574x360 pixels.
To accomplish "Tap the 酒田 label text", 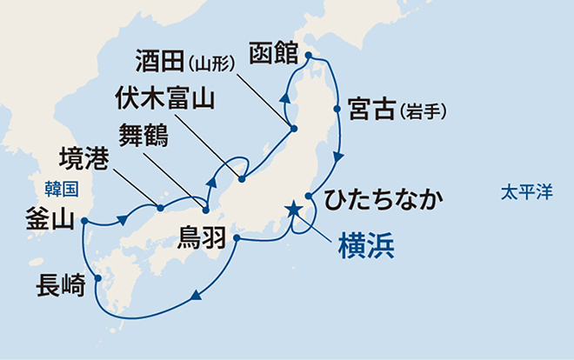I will coord(162,62).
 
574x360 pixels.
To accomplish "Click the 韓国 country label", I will coord(62,187).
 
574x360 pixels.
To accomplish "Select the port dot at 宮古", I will coord(337,110).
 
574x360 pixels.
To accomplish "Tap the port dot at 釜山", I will coord(84,221).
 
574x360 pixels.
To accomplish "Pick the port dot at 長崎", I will coord(98,279).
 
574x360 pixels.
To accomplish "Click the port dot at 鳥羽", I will coord(237,238).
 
